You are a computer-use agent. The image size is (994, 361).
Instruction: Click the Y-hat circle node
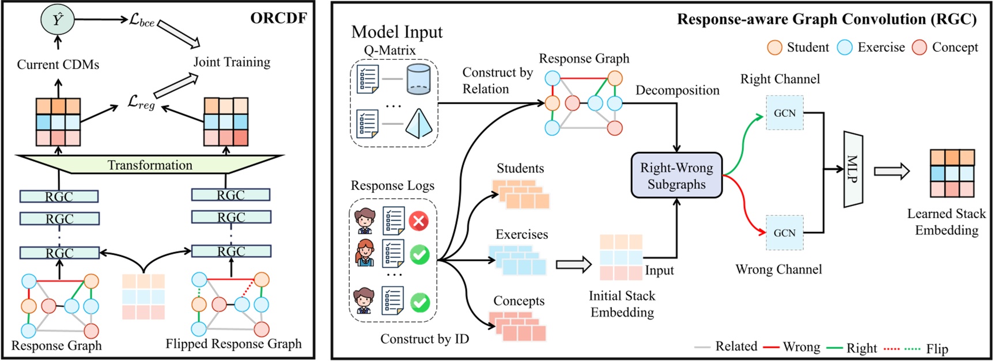(57, 20)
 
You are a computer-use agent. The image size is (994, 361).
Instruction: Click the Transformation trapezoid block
(150, 165)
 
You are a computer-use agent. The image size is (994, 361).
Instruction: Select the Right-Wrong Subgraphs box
(676, 176)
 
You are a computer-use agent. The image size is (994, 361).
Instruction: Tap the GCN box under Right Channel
(784, 113)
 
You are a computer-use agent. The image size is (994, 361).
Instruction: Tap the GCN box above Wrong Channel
(784, 233)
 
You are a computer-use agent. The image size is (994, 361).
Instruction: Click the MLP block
(853, 169)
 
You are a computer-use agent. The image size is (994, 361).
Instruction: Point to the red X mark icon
(419, 221)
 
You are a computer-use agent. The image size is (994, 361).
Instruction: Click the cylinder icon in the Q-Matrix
(418, 79)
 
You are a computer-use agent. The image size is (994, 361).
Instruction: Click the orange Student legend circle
(774, 48)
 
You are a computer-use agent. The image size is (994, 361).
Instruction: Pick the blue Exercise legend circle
(845, 48)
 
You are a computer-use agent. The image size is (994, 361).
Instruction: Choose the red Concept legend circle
(919, 48)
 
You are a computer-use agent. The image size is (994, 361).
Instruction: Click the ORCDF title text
(278, 18)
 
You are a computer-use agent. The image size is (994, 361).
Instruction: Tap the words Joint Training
(232, 62)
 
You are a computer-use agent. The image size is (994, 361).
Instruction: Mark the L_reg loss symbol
(141, 103)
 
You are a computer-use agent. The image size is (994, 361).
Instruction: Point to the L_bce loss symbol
(142, 21)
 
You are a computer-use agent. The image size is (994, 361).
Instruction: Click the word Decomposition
(677, 90)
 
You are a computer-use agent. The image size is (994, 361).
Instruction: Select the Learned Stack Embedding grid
(952, 173)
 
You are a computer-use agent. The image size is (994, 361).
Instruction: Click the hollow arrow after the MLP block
(891, 171)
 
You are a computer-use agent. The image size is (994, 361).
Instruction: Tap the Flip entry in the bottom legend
(936, 348)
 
